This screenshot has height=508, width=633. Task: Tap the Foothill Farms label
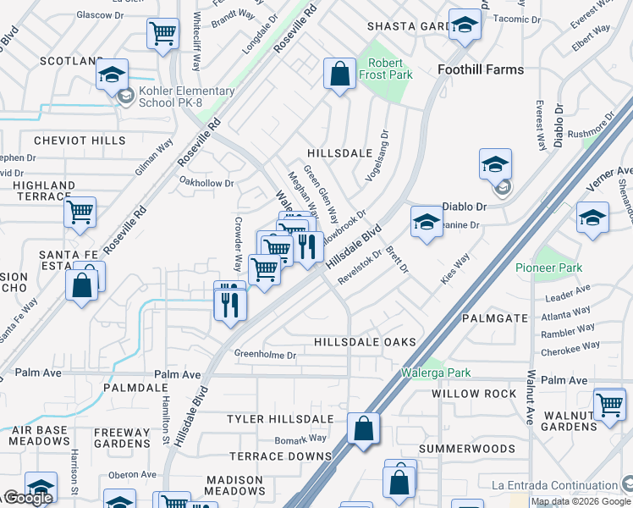pyautogui.click(x=482, y=69)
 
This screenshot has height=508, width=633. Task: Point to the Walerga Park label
pyautogui.click(x=435, y=373)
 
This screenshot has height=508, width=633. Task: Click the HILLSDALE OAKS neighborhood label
pyautogui.click(x=365, y=342)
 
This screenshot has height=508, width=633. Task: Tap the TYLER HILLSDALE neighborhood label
pyautogui.click(x=280, y=419)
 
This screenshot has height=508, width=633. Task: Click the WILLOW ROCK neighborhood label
pyautogui.click(x=474, y=394)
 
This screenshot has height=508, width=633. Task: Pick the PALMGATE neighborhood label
pyautogui.click(x=495, y=318)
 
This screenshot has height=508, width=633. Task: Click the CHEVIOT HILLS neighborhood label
pyautogui.click(x=74, y=141)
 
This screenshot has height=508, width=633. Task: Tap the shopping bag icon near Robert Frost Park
pyautogui.click(x=339, y=73)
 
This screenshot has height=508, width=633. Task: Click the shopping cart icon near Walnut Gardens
pyautogui.click(x=609, y=404)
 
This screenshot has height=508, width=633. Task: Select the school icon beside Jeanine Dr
pyautogui.click(x=427, y=223)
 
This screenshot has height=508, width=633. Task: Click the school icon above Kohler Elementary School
pyautogui.click(x=112, y=75)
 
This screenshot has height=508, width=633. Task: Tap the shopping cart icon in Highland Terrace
pyautogui.click(x=80, y=213)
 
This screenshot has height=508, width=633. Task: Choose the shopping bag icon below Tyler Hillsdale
pyautogui.click(x=364, y=428)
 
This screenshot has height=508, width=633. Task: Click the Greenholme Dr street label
pyautogui.click(x=265, y=355)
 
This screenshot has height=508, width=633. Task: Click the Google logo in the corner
pyautogui.click(x=28, y=498)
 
